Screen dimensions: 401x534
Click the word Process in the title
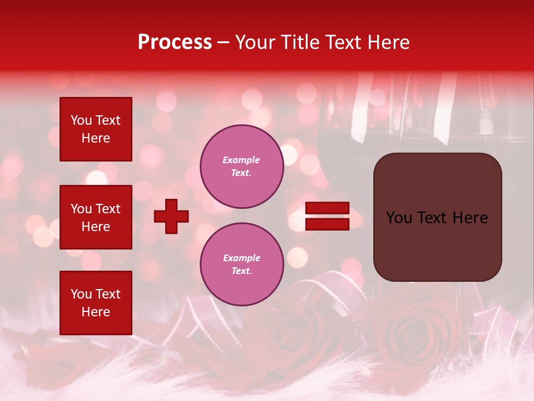click(175, 42)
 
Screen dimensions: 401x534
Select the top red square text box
click(96, 129)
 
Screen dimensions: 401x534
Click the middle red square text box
click(96, 217)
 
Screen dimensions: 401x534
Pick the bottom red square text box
click(96, 302)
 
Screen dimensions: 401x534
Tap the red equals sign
click(328, 216)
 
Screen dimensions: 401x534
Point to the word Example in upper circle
click(241, 160)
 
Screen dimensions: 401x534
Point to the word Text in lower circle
click(241, 271)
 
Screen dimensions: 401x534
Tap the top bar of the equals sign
click(328, 208)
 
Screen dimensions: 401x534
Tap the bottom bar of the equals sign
click(328, 224)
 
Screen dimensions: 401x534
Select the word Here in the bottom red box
click(96, 312)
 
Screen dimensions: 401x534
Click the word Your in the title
click(255, 42)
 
